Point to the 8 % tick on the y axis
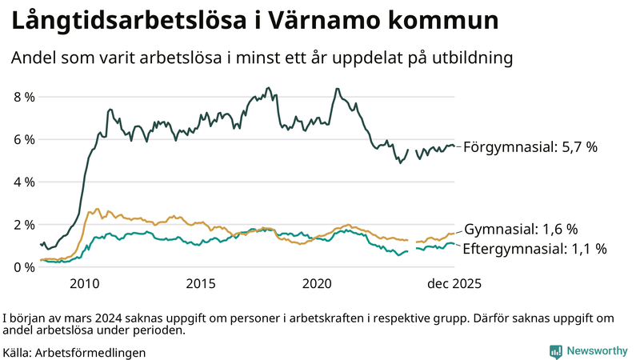point(24,97)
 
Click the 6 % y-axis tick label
point(24,139)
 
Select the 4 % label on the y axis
point(24,182)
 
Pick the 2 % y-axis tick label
point(24,224)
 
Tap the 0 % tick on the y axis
point(24,266)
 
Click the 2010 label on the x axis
point(85,284)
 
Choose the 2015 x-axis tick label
point(201,284)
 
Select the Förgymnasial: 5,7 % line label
point(530,147)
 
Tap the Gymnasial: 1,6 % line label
point(521,229)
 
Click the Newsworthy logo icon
point(555,351)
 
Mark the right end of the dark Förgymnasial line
point(454,146)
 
